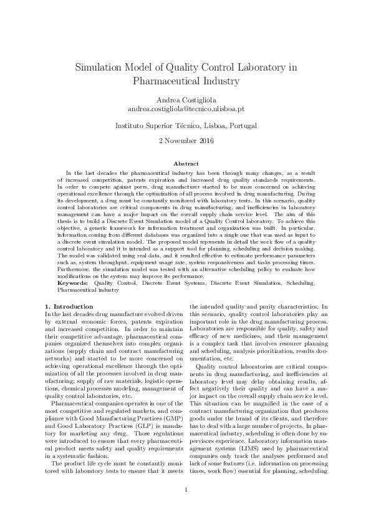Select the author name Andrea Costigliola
coord(185,99)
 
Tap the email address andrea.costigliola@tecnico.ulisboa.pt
coord(185,109)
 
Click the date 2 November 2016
coord(185,141)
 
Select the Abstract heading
coord(185,164)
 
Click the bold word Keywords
coord(69,283)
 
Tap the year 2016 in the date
coord(203,141)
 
